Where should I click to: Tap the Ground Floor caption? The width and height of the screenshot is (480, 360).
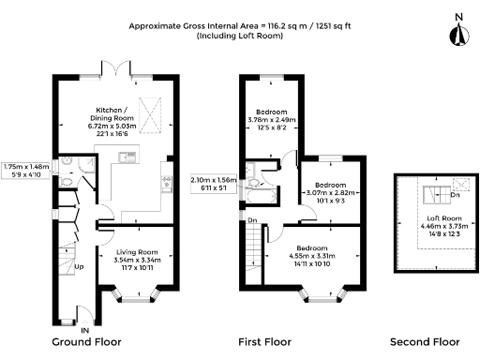click(86, 342)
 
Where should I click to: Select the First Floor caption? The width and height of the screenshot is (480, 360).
click(264, 342)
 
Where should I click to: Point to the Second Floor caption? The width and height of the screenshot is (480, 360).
click(425, 342)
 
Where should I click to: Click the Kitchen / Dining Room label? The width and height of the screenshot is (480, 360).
click(112, 114)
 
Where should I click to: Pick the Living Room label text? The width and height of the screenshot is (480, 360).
click(137, 252)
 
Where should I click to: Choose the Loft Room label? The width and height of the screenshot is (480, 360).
click(444, 218)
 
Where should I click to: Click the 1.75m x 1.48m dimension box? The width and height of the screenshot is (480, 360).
click(25, 171)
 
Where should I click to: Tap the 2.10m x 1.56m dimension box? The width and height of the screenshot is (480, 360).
click(214, 184)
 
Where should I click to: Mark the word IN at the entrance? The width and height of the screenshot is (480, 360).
click(85, 330)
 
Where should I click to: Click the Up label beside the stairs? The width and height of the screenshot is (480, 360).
click(79, 267)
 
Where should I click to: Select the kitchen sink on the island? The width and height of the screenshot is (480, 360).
click(127, 157)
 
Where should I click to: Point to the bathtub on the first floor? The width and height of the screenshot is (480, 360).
click(261, 197)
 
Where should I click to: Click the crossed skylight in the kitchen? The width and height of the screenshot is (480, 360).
click(150, 115)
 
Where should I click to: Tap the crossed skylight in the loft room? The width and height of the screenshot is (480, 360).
click(461, 185)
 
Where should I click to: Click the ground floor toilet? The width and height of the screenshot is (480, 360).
click(66, 182)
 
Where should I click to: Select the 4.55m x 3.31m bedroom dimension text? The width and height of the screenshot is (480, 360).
click(312, 256)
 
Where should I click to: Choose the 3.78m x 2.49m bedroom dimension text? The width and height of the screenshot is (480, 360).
click(272, 120)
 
